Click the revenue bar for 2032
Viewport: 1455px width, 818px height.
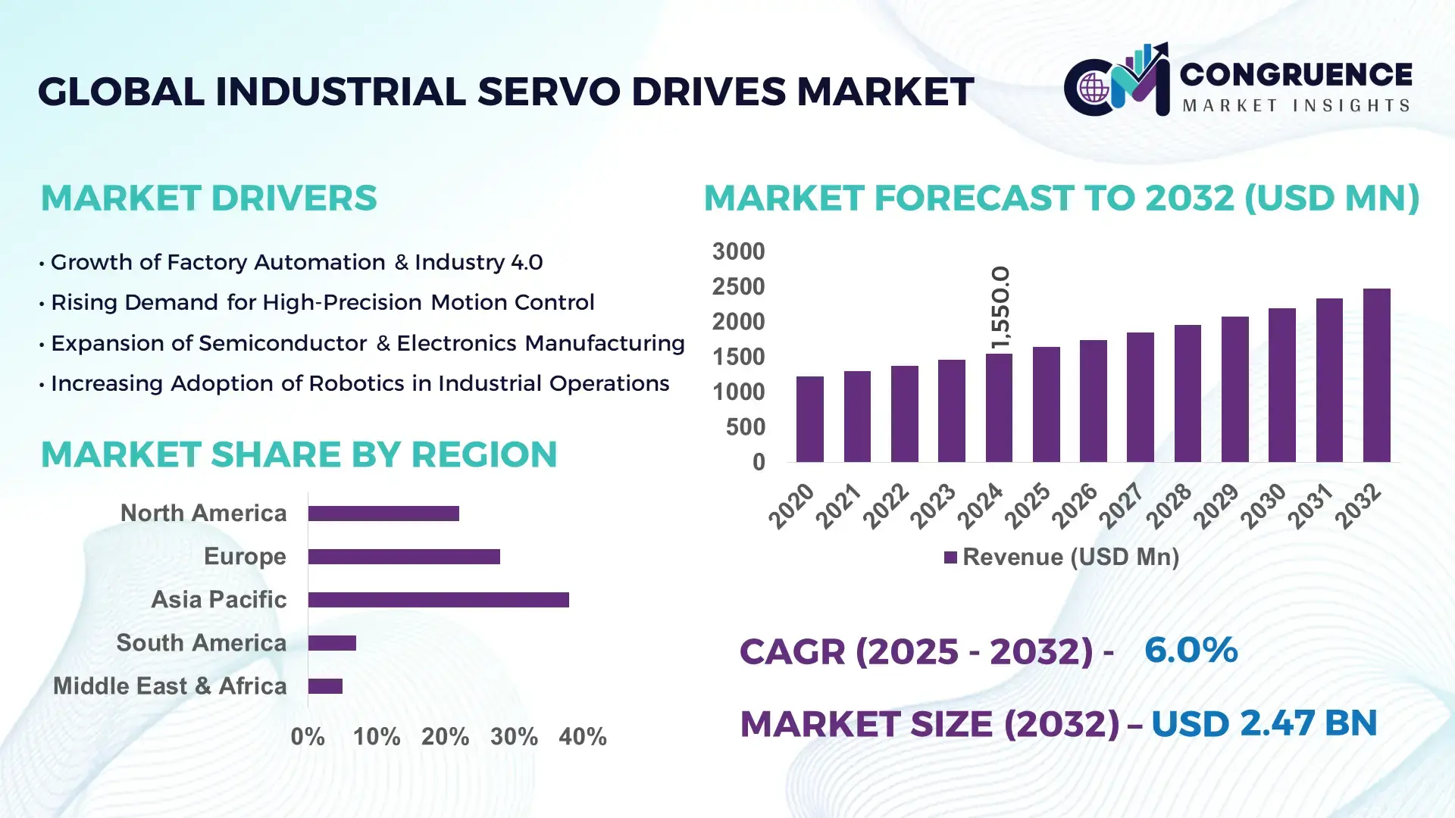click(1376, 376)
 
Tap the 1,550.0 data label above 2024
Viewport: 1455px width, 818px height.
click(1000, 308)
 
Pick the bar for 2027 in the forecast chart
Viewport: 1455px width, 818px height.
click(1140, 397)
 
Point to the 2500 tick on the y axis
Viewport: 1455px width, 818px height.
click(738, 287)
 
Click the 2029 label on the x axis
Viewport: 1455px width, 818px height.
click(1216, 506)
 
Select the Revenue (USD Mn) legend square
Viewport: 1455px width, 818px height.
click(950, 558)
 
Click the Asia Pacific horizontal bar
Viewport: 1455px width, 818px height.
click(438, 600)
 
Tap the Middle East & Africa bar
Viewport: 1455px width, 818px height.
click(325, 686)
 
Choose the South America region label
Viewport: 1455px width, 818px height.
click(201, 643)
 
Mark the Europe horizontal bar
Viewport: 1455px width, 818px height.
click(404, 557)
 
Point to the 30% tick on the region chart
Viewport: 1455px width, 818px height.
click(514, 737)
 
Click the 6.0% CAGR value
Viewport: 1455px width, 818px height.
click(1191, 650)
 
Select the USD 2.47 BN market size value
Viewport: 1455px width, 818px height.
click(1263, 723)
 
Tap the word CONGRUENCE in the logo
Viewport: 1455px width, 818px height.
click(1296, 74)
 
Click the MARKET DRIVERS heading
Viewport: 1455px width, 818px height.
click(208, 198)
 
